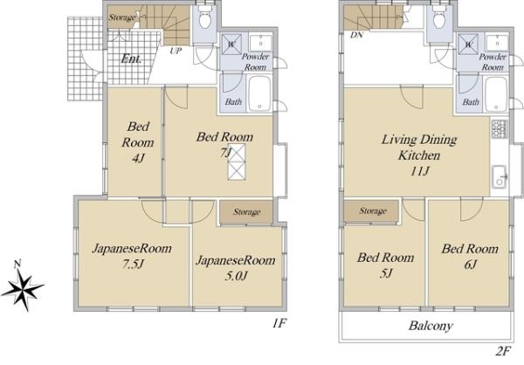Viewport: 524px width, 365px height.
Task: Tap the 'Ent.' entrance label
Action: [x=131, y=59]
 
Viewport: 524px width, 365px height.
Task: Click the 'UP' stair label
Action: [x=176, y=51]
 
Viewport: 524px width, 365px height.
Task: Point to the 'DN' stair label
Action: [x=356, y=35]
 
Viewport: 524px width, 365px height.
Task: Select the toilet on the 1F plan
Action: [x=204, y=17]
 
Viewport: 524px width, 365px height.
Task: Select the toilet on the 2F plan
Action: [x=438, y=17]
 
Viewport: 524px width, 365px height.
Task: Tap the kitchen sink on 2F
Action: [x=500, y=176]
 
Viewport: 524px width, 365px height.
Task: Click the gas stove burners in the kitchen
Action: [x=499, y=129]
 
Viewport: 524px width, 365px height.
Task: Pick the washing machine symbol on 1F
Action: [x=231, y=44]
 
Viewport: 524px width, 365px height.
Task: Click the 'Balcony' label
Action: [x=431, y=326]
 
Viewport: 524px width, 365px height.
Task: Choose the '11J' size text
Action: [x=419, y=171]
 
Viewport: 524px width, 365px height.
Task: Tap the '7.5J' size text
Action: [x=133, y=264]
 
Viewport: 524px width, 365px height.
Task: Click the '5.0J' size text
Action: [x=236, y=276]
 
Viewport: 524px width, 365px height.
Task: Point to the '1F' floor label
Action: [x=279, y=323]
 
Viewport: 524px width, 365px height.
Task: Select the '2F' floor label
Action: [x=503, y=352]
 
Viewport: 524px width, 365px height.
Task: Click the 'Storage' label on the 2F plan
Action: [x=373, y=211]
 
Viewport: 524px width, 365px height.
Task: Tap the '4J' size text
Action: [x=138, y=158]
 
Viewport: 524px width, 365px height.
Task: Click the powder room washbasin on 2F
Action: [x=497, y=43]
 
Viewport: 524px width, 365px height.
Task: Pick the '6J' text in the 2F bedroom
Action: [x=470, y=265]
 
